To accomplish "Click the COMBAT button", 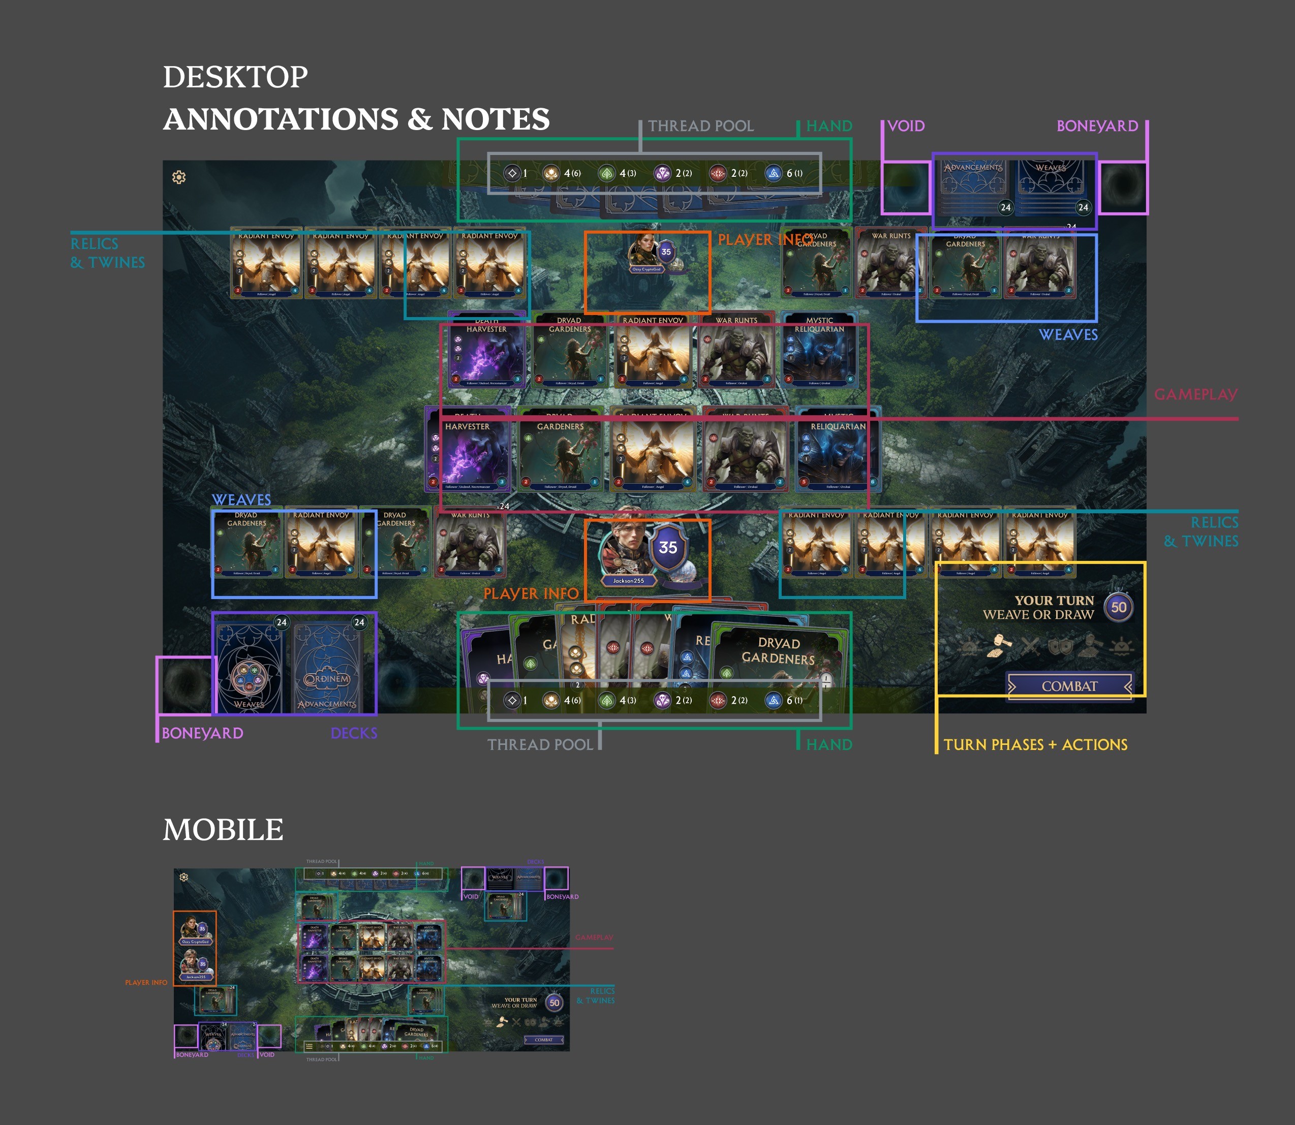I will [1069, 686].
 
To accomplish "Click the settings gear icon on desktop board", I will [179, 178].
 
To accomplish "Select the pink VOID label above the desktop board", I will [906, 126].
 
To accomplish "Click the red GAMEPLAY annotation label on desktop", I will [1196, 394].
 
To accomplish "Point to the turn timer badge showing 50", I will [1119, 607].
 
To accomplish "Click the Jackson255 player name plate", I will [629, 581].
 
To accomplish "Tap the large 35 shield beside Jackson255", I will [668, 548].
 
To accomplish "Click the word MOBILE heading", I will [223, 830].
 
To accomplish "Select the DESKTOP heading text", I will [235, 77].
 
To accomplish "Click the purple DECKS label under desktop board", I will [354, 733].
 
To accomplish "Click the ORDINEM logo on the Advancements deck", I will [327, 679].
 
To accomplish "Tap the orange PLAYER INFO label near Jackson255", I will [531, 593].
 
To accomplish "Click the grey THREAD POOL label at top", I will [701, 126].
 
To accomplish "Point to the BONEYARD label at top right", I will [1097, 126].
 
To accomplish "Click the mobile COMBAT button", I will [543, 1040].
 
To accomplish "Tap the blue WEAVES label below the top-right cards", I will [1068, 335].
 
